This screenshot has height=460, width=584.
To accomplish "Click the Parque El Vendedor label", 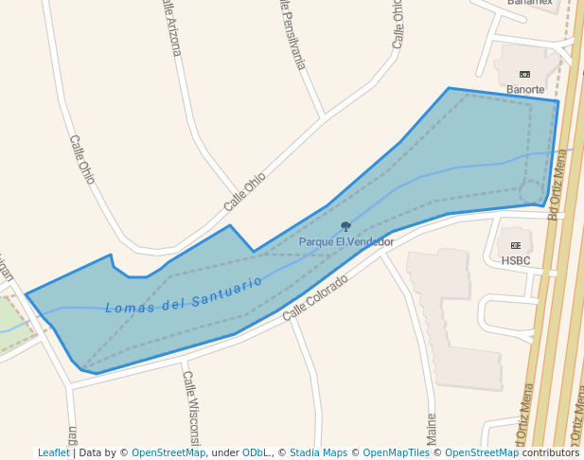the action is click(x=346, y=242).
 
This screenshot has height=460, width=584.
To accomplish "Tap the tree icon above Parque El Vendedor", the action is click(x=345, y=227).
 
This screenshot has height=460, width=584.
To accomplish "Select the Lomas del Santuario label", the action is click(x=184, y=294).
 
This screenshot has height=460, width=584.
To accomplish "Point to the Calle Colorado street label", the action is click(x=315, y=297).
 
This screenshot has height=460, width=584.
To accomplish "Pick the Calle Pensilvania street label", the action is click(x=292, y=34).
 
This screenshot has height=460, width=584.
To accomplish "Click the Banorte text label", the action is click(x=525, y=90).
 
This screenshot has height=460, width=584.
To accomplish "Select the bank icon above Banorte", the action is click(x=525, y=74).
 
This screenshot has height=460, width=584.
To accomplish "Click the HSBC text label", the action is click(x=516, y=260).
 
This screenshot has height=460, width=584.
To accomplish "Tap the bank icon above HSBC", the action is click(x=516, y=245).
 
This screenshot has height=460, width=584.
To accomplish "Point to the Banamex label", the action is click(x=529, y=3).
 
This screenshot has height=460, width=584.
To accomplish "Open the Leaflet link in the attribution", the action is click(x=54, y=452).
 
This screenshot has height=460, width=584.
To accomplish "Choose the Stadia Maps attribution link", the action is click(x=318, y=452).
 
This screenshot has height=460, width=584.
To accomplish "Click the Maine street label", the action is click(x=432, y=430).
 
